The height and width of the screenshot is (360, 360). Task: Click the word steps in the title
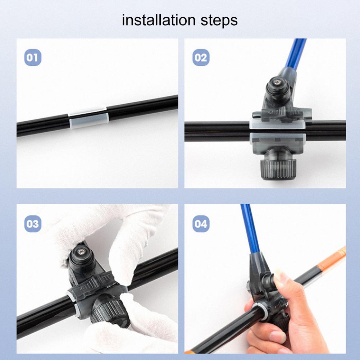point(219,21)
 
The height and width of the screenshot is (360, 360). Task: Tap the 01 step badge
point(33,58)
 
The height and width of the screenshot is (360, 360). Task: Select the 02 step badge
point(201,58)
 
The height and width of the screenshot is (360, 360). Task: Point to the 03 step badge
point(33,224)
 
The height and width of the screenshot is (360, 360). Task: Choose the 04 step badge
point(201,224)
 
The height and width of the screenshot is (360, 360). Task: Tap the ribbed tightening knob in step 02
point(278,169)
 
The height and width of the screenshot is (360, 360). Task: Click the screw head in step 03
point(81,252)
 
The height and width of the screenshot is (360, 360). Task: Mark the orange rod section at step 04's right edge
point(331,258)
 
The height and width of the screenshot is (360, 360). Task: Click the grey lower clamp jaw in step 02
point(278,143)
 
